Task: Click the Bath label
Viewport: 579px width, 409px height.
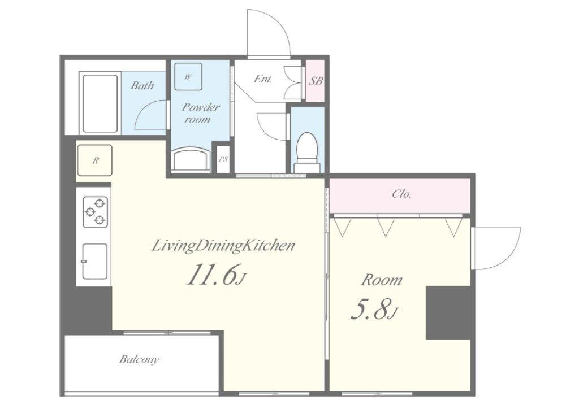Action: tap(142, 85)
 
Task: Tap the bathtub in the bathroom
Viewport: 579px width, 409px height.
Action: tap(100, 103)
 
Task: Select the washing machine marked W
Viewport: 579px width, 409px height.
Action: tap(188, 77)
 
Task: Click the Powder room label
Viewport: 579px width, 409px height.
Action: tap(201, 113)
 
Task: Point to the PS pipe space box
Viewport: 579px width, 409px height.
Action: tap(223, 160)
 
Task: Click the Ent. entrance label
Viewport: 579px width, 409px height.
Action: tap(263, 79)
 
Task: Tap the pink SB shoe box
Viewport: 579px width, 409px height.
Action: tap(315, 81)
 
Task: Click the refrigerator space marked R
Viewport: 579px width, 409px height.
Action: tap(95, 160)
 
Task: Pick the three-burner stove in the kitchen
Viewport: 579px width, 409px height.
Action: tap(96, 212)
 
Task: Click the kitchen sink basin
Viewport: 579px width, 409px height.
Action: tap(95, 261)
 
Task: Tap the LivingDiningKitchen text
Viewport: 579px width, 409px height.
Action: tap(224, 246)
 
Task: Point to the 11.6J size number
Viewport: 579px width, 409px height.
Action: tap(216, 275)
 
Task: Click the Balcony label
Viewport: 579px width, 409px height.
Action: tap(139, 359)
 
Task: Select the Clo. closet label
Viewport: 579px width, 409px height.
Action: tap(402, 194)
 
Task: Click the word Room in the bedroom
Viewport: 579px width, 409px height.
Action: tap(382, 280)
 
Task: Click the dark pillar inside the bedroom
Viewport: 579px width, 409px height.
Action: tap(448, 312)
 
